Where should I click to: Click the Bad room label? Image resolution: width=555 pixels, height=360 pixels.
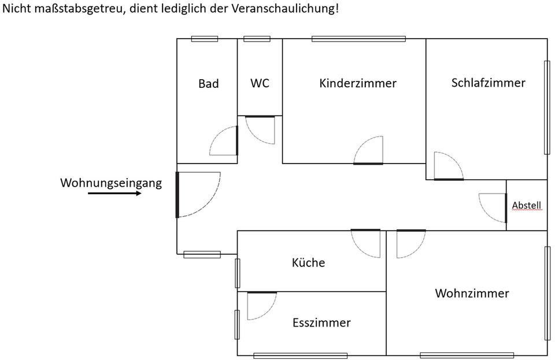pyautogui.click(x=209, y=84)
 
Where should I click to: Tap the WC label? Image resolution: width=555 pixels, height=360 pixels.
pyautogui.click(x=260, y=83)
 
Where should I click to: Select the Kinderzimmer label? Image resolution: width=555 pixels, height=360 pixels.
pyautogui.click(x=358, y=83)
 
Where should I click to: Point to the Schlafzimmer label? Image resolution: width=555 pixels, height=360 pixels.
pyautogui.click(x=488, y=83)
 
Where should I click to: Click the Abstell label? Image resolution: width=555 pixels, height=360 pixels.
pyautogui.click(x=527, y=205)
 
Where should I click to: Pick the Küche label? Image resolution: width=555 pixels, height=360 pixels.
pyautogui.click(x=308, y=263)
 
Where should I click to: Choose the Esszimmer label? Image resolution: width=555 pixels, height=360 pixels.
pyautogui.click(x=321, y=322)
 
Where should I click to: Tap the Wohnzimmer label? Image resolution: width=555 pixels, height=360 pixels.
pyautogui.click(x=472, y=294)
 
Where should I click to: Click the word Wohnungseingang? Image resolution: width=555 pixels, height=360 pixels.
pyautogui.click(x=111, y=183)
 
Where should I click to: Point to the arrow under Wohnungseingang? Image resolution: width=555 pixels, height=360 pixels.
pyautogui.click(x=114, y=194)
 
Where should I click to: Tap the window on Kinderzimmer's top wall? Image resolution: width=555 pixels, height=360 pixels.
pyautogui.click(x=358, y=39)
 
